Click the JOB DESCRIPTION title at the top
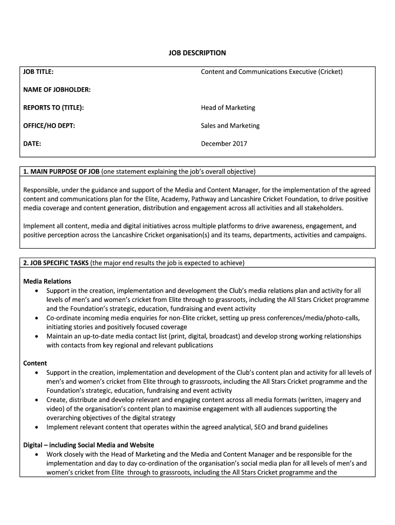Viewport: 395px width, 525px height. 197,53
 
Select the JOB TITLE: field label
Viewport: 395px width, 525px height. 38,72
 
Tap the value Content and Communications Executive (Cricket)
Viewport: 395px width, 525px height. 271,72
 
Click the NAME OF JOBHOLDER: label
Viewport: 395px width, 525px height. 57,90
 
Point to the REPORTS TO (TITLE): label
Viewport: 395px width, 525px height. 53,108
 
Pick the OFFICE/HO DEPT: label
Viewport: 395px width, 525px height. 49,126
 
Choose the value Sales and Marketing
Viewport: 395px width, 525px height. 230,126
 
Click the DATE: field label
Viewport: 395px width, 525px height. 32,144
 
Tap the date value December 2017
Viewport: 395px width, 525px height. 224,144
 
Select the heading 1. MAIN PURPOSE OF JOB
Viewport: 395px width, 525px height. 62,171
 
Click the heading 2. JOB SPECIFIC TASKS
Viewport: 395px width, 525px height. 56,263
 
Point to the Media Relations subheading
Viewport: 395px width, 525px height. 47,281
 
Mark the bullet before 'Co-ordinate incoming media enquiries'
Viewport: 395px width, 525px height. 36,318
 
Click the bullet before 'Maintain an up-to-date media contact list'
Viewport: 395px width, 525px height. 36,336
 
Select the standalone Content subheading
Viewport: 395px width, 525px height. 35,363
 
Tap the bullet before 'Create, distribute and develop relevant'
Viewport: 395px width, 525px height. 36,400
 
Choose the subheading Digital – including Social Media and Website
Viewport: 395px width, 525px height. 89,445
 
